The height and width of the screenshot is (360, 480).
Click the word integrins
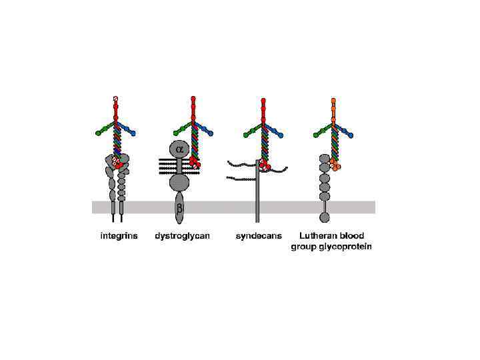(119, 236)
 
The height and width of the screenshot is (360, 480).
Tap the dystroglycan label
(181, 237)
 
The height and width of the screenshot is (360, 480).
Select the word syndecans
(259, 236)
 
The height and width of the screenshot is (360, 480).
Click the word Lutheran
(317, 236)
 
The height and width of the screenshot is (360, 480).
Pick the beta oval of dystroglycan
(179, 209)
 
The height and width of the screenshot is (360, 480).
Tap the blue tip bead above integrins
(133, 134)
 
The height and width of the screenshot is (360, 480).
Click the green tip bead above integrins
(99, 134)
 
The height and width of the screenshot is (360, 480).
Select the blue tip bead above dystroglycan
(210, 134)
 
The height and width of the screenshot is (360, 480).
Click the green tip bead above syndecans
(246, 135)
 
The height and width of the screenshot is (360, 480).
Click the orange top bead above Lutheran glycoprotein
(333, 99)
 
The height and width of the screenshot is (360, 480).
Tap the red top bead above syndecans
(263, 100)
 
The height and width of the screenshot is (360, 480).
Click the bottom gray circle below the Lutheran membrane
(325, 217)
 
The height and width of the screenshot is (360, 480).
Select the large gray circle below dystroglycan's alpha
(179, 181)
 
